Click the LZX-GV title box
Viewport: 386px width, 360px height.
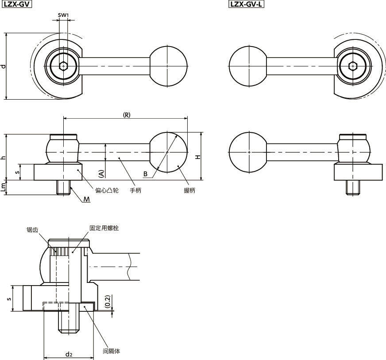pyautogui.click(x=17, y=4)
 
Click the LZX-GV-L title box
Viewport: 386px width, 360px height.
pyautogui.click(x=246, y=4)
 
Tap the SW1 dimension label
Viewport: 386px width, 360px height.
pyautogui.click(x=63, y=15)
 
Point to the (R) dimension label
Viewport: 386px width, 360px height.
pyautogui.click(x=127, y=115)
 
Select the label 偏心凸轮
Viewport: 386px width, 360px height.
pyautogui.click(x=107, y=190)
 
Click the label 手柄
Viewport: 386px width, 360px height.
pyautogui.click(x=135, y=190)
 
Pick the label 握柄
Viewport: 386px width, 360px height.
pyautogui.click(x=189, y=190)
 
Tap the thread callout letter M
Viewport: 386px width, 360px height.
pyautogui.click(x=86, y=199)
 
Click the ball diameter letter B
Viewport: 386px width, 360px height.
pyautogui.click(x=145, y=174)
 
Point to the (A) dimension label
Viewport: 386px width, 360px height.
pyautogui.click(x=101, y=174)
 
